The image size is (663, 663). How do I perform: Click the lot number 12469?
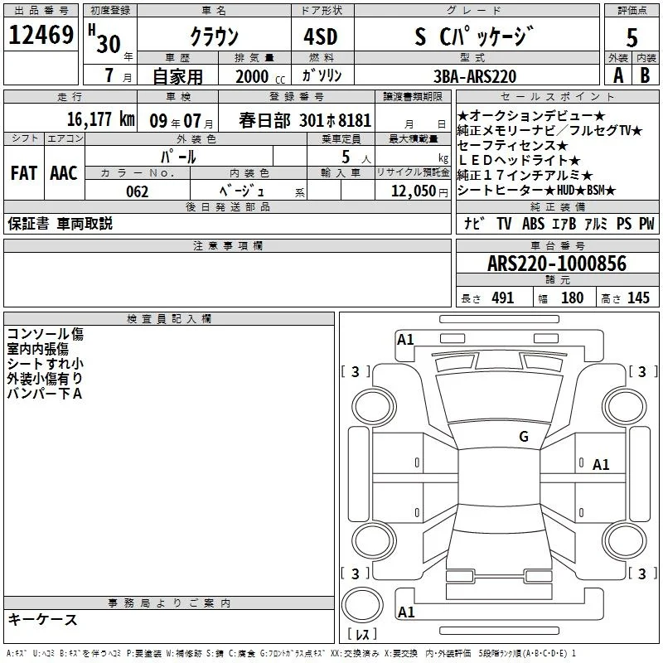(x=41, y=35)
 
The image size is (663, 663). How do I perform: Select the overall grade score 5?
(x=632, y=37)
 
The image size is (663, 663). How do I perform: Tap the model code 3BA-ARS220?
(x=475, y=76)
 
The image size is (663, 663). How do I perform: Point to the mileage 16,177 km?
(x=100, y=119)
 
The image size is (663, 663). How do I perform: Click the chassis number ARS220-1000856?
(x=557, y=264)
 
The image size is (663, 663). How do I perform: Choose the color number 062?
(x=138, y=191)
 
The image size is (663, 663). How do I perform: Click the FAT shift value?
(x=24, y=173)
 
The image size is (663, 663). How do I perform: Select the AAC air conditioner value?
(x=64, y=173)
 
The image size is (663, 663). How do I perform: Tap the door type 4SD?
(x=321, y=36)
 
